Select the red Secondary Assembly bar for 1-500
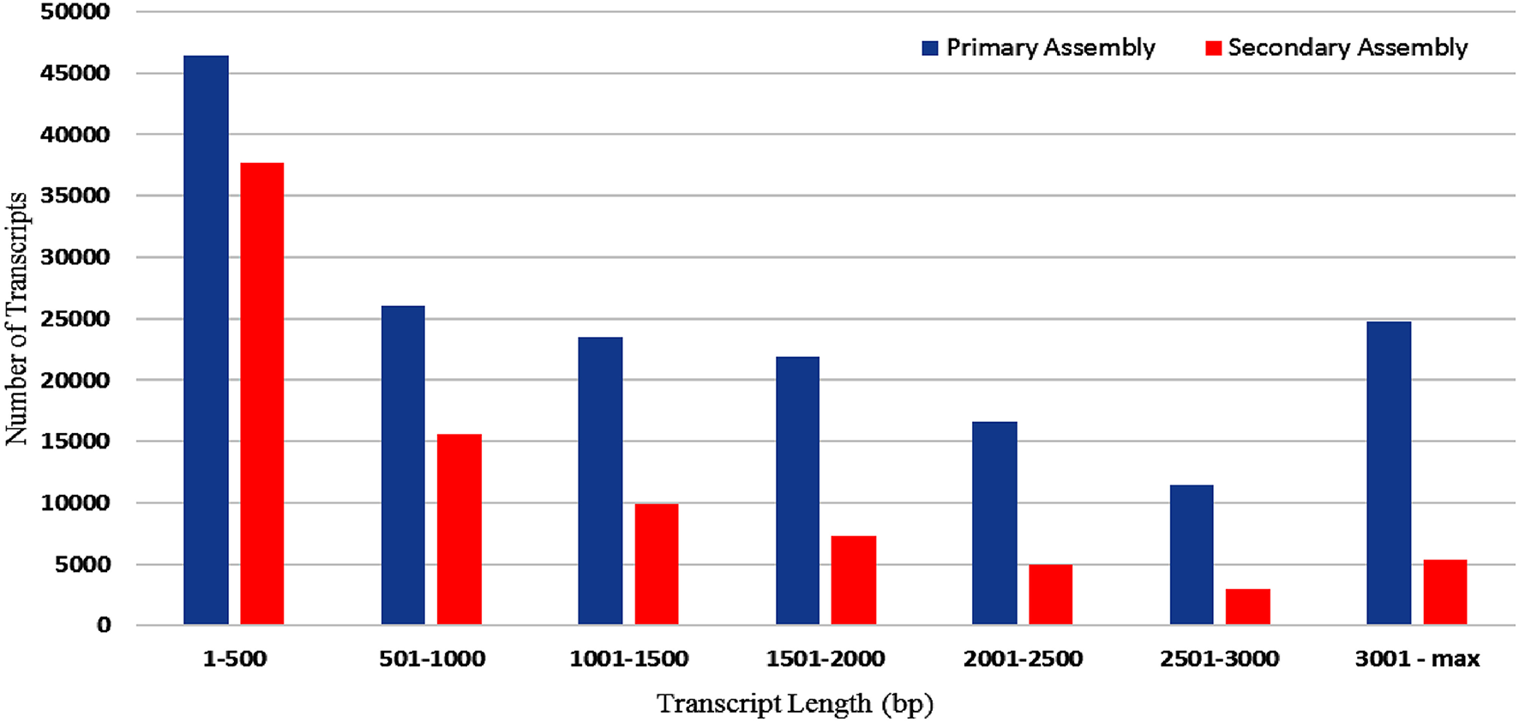261,394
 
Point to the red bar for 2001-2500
1050,594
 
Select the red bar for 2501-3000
1247,606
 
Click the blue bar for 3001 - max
1389,472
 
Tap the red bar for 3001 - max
1445,592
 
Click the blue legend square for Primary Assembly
930,48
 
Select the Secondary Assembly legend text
1348,47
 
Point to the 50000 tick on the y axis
75,12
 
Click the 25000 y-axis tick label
75,319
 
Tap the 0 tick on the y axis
104,625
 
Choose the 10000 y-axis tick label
75,503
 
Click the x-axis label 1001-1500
629,659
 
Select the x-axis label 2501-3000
1219,659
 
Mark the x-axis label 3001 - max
1417,659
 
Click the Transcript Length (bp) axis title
795,703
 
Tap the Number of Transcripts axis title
17,318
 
